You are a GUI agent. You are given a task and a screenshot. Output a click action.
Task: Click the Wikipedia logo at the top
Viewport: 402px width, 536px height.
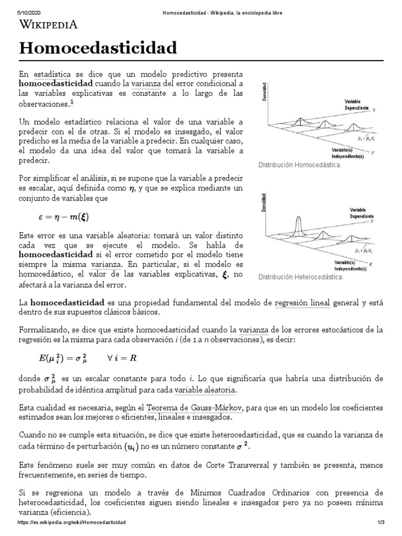click(49, 25)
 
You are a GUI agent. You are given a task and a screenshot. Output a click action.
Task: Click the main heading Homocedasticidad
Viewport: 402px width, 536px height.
click(98, 49)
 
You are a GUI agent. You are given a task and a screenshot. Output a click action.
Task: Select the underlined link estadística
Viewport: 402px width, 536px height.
click(57, 74)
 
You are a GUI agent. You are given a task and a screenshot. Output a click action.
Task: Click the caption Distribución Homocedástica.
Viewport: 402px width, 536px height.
click(300, 165)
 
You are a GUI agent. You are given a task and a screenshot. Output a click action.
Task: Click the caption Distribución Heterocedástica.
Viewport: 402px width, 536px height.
click(301, 277)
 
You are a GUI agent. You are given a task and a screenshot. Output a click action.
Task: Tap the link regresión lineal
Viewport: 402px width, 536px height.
click(303, 303)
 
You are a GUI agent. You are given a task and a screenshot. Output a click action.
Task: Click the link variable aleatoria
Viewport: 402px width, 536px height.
click(205, 390)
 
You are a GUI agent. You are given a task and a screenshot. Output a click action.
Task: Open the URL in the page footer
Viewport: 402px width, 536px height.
click(72, 523)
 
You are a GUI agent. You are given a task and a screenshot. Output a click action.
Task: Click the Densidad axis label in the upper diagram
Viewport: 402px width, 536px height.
click(266, 92)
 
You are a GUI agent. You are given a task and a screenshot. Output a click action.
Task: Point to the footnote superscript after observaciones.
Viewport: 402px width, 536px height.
click(72, 103)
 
